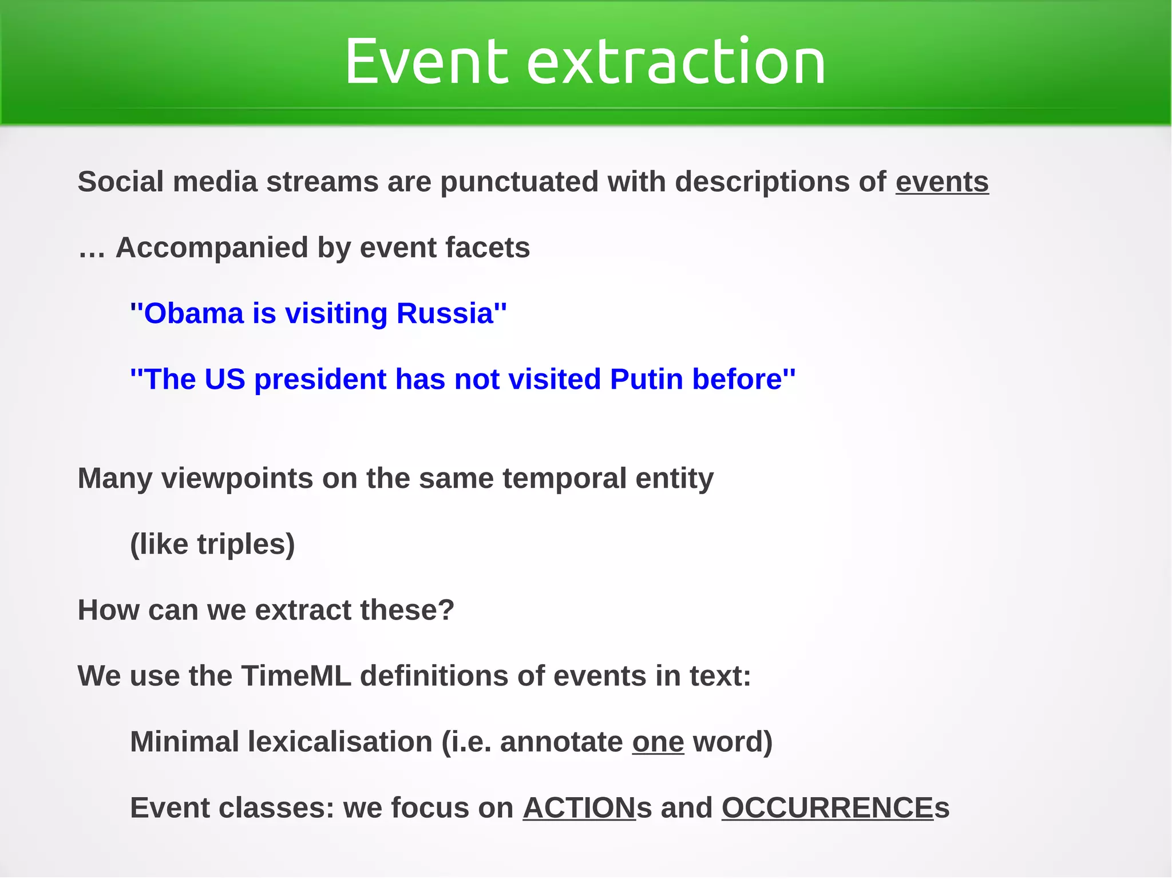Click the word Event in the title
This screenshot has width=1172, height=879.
426,61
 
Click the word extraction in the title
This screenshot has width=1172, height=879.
676,61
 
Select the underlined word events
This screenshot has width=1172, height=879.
942,182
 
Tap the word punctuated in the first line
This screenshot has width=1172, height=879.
519,182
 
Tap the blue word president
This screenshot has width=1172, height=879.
320,380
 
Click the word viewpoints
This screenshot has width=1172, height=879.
237,478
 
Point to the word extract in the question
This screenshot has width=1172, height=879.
303,610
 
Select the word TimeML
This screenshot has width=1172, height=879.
296,676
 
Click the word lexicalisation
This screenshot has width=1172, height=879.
340,742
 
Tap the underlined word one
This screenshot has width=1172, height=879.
658,742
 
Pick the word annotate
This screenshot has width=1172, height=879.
561,742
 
